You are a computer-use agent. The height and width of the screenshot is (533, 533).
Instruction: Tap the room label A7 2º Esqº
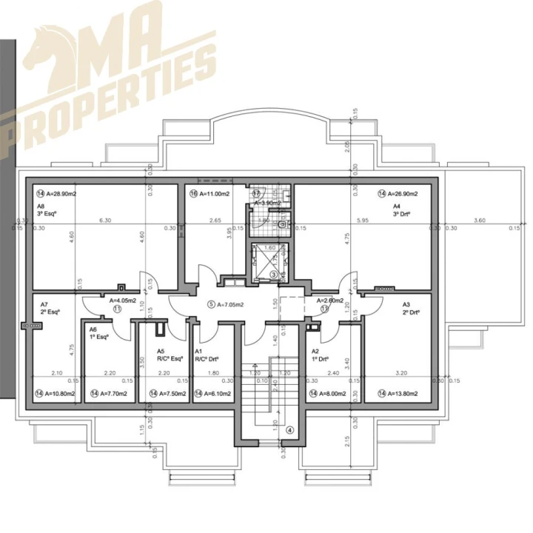click(45, 309)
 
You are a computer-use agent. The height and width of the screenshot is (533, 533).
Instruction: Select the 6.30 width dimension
click(104, 220)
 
